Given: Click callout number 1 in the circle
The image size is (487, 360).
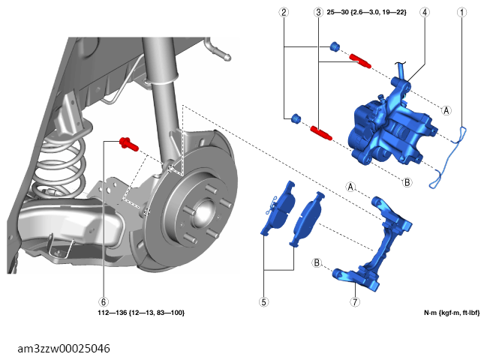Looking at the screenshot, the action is pos(461,13).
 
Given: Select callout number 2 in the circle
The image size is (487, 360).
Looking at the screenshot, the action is pos(284,13).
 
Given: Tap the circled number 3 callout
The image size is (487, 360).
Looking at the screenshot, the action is pos(318,13).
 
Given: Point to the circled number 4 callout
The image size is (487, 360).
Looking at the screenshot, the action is pos(425,13).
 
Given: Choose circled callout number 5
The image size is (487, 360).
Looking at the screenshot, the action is pos(263,301).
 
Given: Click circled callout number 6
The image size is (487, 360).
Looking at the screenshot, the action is pos(104,301).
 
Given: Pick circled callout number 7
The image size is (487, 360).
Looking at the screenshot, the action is pos(355,301).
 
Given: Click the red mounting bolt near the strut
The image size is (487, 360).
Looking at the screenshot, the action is pos(129,144).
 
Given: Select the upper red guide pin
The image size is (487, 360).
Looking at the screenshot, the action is pos(360,61).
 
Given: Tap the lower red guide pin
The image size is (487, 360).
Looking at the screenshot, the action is pos(321,133).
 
